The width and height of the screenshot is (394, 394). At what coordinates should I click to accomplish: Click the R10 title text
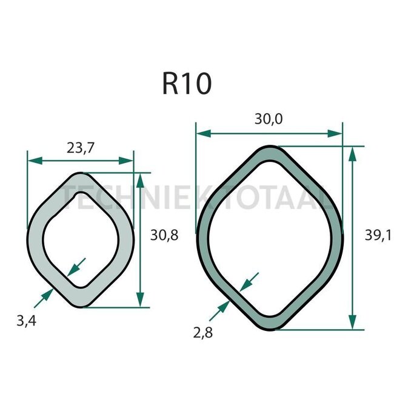point(187,84)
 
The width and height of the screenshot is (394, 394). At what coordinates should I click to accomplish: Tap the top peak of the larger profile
point(270,147)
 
